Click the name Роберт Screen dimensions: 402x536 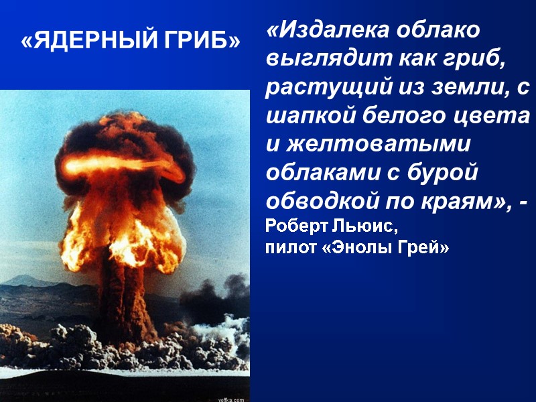click(x=292, y=224)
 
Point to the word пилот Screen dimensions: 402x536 click(x=287, y=248)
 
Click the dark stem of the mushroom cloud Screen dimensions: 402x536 click(x=127, y=295)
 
